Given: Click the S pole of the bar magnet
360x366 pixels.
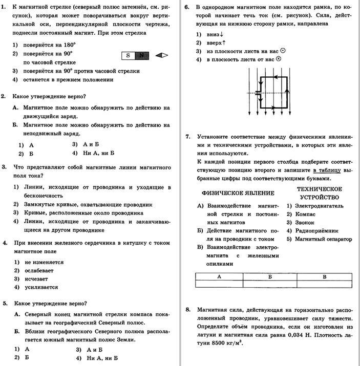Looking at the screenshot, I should pyautogui.click(x=128, y=55).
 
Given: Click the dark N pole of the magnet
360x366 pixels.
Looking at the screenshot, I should pyautogui.click(x=142, y=55).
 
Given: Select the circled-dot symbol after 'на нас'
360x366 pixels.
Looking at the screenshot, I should pyautogui.click(x=282, y=51).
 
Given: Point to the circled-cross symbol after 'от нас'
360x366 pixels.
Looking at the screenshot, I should pyautogui.click(x=279, y=59).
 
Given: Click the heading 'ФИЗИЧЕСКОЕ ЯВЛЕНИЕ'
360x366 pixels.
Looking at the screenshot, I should pyautogui.click(x=238, y=193).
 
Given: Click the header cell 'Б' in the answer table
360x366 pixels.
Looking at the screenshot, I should pyautogui.click(x=270, y=276).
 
